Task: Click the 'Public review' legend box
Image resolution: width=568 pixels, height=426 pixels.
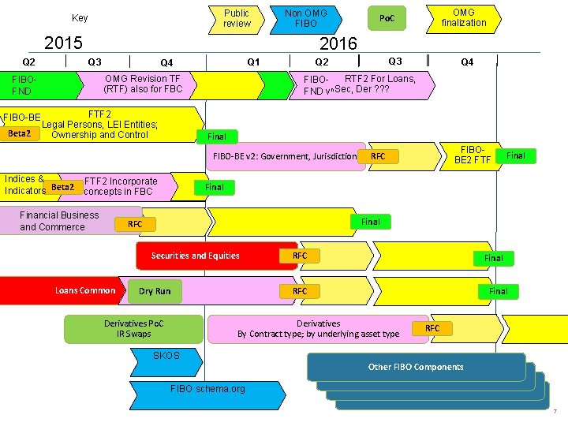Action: [237, 18]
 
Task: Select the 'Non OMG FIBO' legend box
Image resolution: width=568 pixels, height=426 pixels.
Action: [305, 18]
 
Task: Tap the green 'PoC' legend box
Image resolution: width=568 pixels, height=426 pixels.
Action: [387, 18]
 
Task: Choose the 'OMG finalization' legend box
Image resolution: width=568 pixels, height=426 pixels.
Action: [463, 17]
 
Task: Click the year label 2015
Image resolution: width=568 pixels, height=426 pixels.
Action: [64, 42]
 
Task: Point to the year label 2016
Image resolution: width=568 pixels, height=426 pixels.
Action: [338, 43]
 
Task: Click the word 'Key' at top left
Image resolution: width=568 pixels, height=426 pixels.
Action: [80, 18]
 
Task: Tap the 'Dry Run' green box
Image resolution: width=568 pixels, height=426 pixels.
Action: [155, 291]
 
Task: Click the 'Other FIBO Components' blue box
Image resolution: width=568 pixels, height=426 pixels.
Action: [416, 367]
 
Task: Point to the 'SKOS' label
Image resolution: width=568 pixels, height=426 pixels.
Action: [166, 356]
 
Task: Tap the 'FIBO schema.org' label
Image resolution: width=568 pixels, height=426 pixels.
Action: [207, 389]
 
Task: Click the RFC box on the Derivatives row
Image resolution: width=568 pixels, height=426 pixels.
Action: [433, 328]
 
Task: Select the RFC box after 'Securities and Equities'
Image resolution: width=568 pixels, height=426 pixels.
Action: [300, 256]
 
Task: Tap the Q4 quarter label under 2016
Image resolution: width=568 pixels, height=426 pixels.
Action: [467, 62]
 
